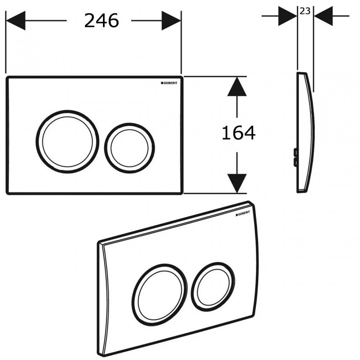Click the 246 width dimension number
(101, 21)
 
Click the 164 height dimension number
(238, 133)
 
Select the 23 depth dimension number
(305, 11)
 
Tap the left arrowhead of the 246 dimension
(16, 21)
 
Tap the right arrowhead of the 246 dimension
(171, 21)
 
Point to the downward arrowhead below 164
(237, 183)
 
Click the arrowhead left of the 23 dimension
(288, 16)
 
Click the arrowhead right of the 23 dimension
(323, 16)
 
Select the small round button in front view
(130, 148)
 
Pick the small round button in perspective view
(212, 284)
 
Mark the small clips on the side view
(296, 157)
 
